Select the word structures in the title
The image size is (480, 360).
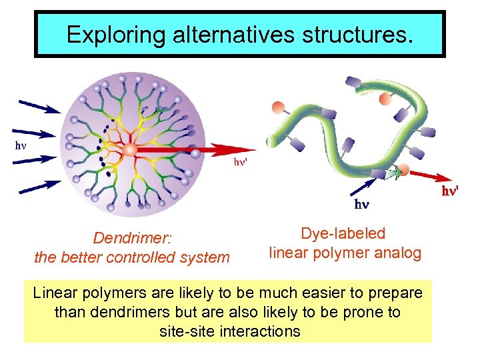339,35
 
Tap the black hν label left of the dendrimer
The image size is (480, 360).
21,144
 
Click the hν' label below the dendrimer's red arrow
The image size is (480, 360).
241,162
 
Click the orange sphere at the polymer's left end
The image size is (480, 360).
278,108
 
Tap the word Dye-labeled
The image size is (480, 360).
343,233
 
